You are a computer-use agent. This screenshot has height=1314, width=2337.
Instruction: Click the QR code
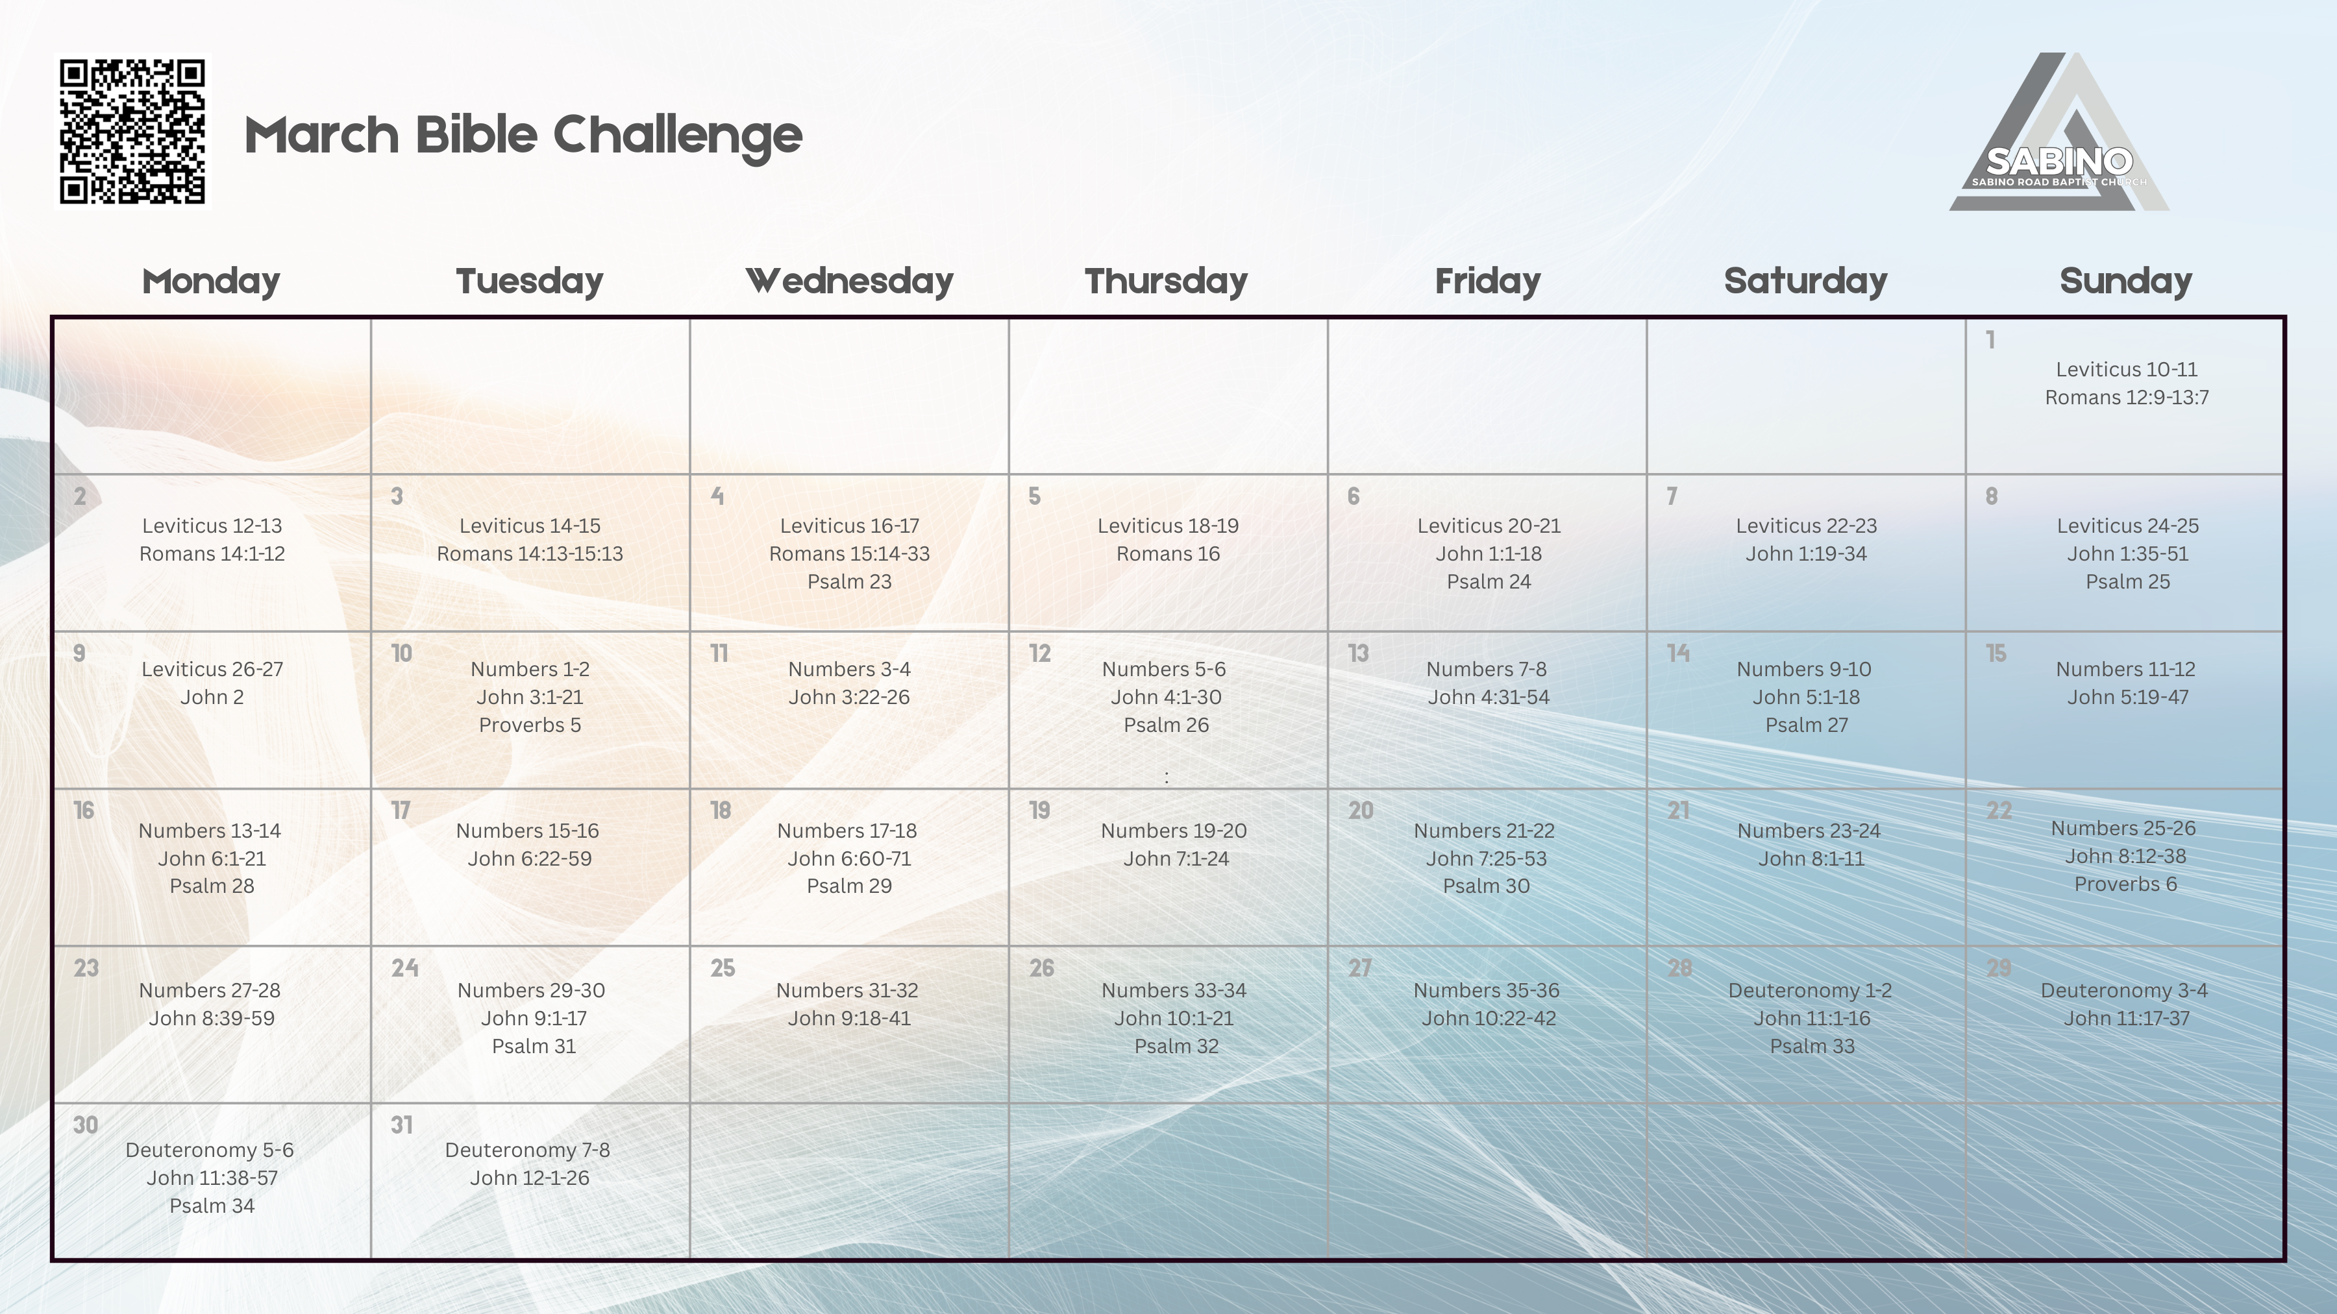pyautogui.click(x=132, y=132)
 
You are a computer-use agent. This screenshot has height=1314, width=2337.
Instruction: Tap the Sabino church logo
pyautogui.click(x=2059, y=136)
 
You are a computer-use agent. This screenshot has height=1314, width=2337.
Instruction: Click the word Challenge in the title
pyautogui.click(x=678, y=136)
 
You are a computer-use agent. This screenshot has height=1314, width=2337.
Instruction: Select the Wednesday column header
pyautogui.click(x=849, y=281)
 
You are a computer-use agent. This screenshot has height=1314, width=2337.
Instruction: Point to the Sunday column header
pyautogui.click(x=2125, y=281)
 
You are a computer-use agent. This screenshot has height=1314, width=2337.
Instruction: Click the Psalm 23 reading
pyautogui.click(x=849, y=581)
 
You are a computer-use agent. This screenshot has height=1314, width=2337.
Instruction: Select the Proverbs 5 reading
pyautogui.click(x=530, y=725)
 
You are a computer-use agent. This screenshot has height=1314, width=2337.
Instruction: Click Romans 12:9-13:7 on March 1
pyautogui.click(x=2127, y=397)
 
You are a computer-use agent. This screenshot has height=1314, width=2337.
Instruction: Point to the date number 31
pyautogui.click(x=401, y=1125)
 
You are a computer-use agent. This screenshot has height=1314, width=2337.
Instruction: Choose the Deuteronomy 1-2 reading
pyautogui.click(x=1810, y=990)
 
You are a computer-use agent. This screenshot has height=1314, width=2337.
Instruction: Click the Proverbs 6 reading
pyautogui.click(x=2125, y=884)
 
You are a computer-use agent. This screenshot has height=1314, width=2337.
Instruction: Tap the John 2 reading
pyautogui.click(x=212, y=696)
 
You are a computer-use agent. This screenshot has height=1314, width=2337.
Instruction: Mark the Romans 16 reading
pyautogui.click(x=1168, y=553)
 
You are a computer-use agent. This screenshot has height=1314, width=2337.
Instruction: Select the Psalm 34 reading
pyautogui.click(x=212, y=1205)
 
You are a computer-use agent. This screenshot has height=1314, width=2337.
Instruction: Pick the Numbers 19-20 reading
pyautogui.click(x=1174, y=831)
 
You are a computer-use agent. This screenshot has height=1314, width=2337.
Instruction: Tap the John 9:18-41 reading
pyautogui.click(x=849, y=1018)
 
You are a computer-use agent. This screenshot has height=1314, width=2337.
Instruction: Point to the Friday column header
pyautogui.click(x=1487, y=281)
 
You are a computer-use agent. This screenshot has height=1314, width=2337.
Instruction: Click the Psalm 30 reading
pyautogui.click(x=1486, y=886)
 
